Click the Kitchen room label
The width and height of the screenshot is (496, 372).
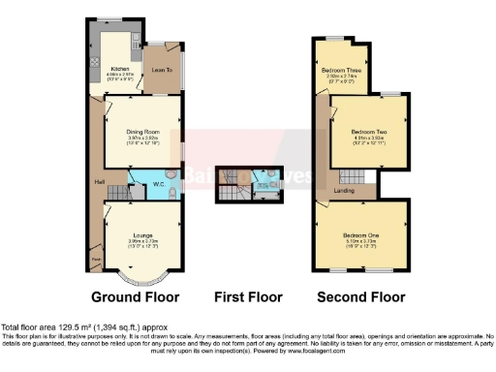pos(119,69)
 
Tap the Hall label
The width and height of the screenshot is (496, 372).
pos(99,181)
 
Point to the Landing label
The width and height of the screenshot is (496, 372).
pos(342,190)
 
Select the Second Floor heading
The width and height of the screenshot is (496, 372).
pos(359,297)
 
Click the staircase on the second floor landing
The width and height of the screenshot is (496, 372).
pos(347,177)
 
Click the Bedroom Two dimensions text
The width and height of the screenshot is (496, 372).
pos(368,141)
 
